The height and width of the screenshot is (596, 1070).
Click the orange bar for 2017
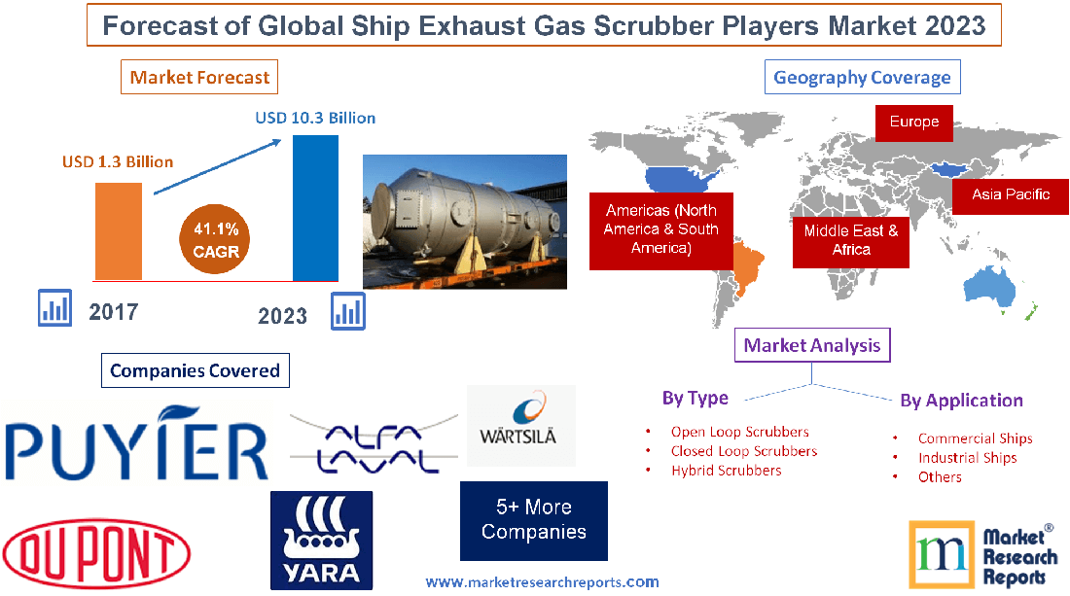[x=118, y=231]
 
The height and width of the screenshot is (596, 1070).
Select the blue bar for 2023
[x=315, y=207]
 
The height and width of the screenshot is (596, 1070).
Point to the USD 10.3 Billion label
[x=315, y=118]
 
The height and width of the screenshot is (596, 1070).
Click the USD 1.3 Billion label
[x=118, y=161]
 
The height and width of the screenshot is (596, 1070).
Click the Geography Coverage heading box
[x=862, y=78]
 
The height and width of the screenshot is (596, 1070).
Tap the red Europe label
[x=913, y=122]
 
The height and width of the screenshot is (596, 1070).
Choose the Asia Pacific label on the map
[x=1011, y=194]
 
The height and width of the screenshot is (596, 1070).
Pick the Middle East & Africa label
[x=851, y=240]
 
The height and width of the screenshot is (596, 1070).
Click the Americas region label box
[x=661, y=229]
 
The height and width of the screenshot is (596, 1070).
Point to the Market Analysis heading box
[x=812, y=345]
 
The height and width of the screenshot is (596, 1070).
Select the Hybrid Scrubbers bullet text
[x=726, y=471]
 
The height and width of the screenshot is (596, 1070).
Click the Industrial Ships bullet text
[x=967, y=458]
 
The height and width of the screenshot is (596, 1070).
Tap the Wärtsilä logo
[x=521, y=425]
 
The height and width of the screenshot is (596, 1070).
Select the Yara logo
[x=321, y=540]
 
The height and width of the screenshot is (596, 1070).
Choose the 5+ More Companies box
[x=534, y=520]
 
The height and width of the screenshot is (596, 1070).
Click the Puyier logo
[x=135, y=445]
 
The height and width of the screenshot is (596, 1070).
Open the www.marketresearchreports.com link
[x=542, y=582]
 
